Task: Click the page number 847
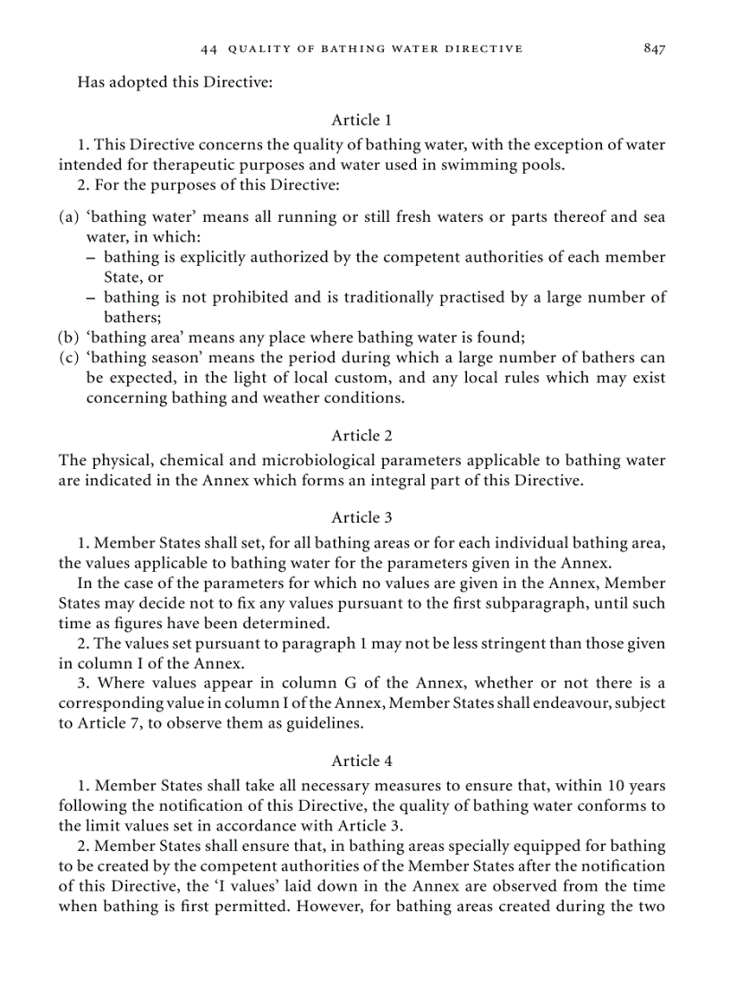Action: tap(654, 48)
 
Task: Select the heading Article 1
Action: tap(361, 120)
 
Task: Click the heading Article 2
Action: tap(361, 436)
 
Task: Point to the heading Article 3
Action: tap(361, 517)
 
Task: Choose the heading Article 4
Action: tap(361, 762)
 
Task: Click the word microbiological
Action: tap(320, 461)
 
